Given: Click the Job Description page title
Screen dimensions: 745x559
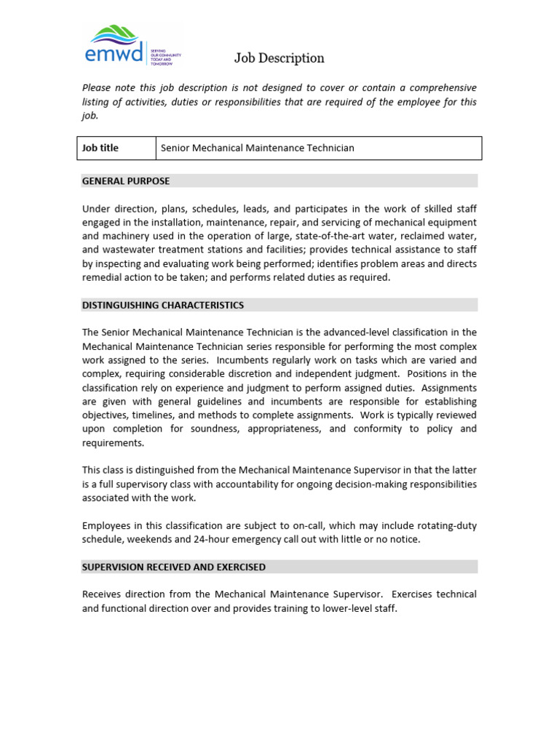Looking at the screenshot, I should tap(279, 58).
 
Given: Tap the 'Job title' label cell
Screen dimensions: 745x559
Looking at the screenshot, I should tap(100, 148).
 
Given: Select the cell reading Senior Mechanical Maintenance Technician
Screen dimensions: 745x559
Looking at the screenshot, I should tap(257, 148).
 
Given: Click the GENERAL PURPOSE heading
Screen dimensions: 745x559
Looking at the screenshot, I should tap(126, 181).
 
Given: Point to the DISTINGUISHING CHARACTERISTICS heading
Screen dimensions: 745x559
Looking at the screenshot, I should tap(163, 305).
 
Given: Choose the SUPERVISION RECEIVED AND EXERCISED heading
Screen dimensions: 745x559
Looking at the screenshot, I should tap(174, 567).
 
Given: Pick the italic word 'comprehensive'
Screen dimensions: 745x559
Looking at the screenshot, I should tap(440, 87).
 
